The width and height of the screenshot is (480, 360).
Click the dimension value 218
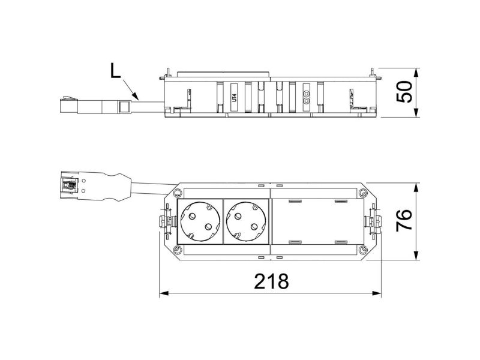(271, 281)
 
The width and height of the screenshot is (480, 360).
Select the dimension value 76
(404, 220)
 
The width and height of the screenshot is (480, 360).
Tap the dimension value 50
(404, 92)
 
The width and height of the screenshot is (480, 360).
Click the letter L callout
(115, 71)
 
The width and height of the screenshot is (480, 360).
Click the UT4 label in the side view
(234, 97)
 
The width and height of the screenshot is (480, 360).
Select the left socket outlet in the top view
(200, 221)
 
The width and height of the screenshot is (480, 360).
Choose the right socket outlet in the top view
(246, 221)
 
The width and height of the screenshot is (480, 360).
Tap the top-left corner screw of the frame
(176, 193)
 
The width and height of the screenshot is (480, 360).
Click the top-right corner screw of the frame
(362, 193)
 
